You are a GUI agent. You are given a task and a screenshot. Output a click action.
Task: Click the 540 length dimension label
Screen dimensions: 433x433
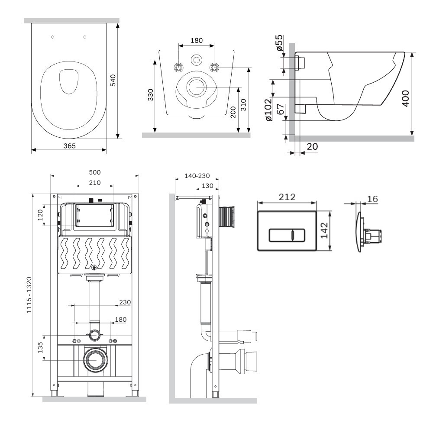(x=113, y=81)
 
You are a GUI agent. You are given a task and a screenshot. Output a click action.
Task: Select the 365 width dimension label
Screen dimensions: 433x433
(x=70, y=146)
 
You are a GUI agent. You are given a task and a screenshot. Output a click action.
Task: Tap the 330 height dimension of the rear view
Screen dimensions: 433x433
(x=151, y=95)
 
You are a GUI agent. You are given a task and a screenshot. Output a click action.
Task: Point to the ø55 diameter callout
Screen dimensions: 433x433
(x=279, y=42)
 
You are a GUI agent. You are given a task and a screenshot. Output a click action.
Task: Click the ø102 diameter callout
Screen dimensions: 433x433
(x=268, y=110)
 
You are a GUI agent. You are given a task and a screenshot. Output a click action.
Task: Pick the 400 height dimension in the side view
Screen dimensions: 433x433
(x=406, y=98)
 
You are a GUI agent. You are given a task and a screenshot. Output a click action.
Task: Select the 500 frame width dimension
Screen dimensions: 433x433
(x=95, y=172)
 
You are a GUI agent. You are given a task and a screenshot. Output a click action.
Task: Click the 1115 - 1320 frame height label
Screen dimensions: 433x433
(x=29, y=295)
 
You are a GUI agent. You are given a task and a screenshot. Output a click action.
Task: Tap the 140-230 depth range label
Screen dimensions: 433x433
(x=197, y=176)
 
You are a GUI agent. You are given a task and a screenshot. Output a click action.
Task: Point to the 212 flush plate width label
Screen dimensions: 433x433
(x=287, y=197)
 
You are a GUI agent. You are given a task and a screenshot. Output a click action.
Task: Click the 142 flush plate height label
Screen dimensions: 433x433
(x=324, y=230)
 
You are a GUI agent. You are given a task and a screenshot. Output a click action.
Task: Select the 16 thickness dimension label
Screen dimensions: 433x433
(x=372, y=199)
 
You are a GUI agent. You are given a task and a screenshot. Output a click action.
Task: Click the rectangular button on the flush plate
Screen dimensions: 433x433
(x=287, y=235)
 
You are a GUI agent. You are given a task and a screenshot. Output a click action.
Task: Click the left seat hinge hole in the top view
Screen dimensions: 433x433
(x=53, y=37)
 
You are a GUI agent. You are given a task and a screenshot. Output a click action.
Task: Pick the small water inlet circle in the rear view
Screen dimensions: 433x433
(x=197, y=60)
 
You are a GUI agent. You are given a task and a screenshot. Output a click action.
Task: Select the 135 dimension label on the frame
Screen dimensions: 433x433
(x=40, y=348)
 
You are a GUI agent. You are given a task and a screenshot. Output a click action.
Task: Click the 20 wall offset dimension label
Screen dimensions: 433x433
(x=312, y=146)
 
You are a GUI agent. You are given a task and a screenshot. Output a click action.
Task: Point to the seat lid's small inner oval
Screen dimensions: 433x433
(x=69, y=81)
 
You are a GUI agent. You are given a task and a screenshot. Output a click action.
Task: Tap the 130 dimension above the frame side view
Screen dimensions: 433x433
(x=207, y=186)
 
